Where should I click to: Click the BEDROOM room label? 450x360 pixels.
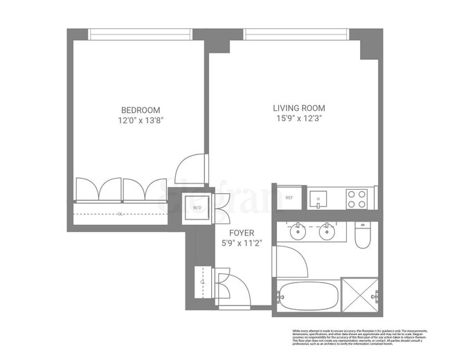click(141, 110)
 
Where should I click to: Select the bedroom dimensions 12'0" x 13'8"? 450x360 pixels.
click(141, 120)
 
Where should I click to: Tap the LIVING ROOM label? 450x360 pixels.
click(298, 108)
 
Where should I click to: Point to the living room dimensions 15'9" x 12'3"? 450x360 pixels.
click(298, 118)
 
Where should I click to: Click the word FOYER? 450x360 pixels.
click(237, 233)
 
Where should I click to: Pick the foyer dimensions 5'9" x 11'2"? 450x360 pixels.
click(237, 243)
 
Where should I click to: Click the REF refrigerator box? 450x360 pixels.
click(289, 198)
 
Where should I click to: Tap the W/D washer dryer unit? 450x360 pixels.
click(196, 206)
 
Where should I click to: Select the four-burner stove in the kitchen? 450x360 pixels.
click(356, 199)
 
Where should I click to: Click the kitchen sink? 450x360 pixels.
click(318, 198)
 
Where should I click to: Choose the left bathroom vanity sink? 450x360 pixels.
click(298, 231)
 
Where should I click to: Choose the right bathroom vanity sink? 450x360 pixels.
click(327, 231)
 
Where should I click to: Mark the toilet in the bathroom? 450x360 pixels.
click(363, 235)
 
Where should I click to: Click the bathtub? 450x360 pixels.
click(307, 296)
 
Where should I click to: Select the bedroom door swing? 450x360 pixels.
click(190, 169)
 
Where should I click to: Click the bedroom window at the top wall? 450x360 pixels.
click(141, 32)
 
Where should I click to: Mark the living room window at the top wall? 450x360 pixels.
click(296, 32)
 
